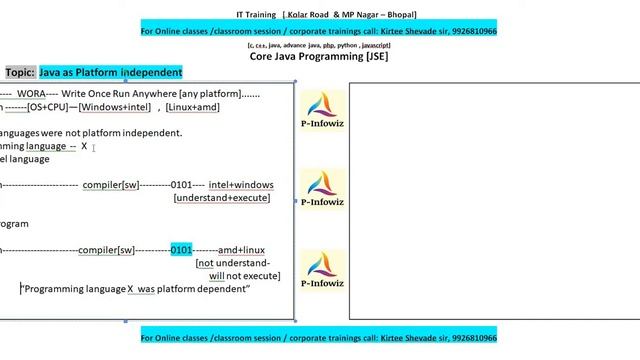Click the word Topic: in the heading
[19, 72]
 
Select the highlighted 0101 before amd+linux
[181, 249]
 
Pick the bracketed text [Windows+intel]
[116, 106]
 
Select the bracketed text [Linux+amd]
[193, 106]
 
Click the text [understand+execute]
[222, 198]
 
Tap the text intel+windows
[241, 185]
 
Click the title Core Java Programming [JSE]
[318, 57]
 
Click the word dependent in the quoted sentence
[225, 289]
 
